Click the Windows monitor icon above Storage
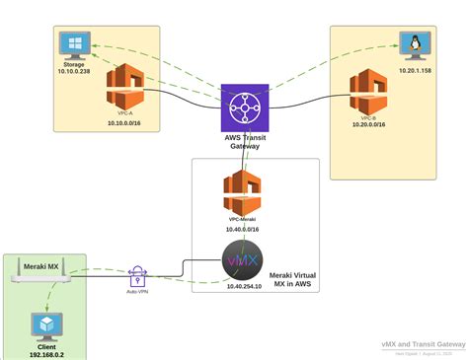72,45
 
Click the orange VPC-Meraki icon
241,190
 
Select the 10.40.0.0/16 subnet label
241,228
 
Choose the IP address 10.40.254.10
243,287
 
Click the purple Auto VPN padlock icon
138,277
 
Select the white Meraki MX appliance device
43,279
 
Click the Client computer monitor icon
44,324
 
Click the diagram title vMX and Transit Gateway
424,344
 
